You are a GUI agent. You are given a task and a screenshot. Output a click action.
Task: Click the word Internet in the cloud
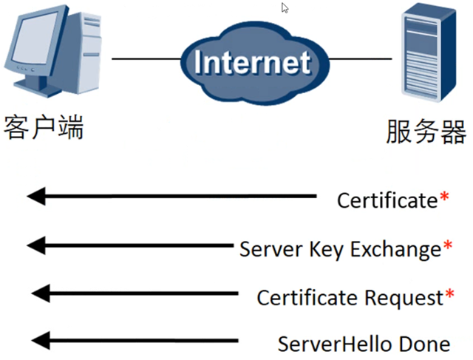click(252, 62)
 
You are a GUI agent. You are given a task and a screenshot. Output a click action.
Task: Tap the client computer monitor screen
click(38, 38)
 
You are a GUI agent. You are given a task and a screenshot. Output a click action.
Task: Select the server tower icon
click(429, 52)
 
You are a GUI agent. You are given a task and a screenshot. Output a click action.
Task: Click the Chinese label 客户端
click(44, 127)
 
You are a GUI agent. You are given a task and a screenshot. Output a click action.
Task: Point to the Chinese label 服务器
click(426, 132)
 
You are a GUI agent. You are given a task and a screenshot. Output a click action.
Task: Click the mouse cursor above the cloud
click(285, 8)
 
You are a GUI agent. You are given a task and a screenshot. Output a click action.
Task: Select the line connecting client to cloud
click(146, 58)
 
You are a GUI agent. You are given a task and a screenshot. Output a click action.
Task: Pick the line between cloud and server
click(360, 58)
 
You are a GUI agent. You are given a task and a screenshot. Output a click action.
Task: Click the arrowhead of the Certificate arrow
click(36, 196)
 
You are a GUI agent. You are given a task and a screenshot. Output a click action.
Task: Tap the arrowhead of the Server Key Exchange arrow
click(36, 245)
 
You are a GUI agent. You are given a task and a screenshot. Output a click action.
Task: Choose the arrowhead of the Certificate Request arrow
click(41, 293)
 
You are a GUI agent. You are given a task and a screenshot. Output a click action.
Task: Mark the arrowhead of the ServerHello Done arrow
click(41, 341)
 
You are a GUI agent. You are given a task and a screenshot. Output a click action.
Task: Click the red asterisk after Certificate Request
click(449, 293)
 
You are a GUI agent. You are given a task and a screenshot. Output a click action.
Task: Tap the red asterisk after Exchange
click(448, 245)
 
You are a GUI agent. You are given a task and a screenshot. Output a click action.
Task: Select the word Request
click(404, 299)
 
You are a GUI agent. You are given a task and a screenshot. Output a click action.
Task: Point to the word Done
click(425, 344)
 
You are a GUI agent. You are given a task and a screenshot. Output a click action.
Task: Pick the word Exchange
click(396, 250)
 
